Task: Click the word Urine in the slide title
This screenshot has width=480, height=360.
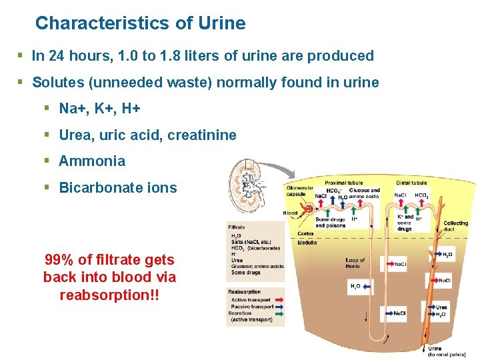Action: pos(221,23)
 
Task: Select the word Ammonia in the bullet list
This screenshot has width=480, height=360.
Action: pos(92,161)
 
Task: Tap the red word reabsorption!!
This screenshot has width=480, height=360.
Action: pos(109,294)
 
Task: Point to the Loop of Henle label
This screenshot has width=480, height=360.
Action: pos(355,263)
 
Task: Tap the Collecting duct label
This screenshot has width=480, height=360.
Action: pos(456,226)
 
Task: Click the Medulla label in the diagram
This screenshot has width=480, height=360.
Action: pos(307,243)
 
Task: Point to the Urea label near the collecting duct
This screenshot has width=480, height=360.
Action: pos(441,307)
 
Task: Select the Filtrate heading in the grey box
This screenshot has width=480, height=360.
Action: pos(237,227)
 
